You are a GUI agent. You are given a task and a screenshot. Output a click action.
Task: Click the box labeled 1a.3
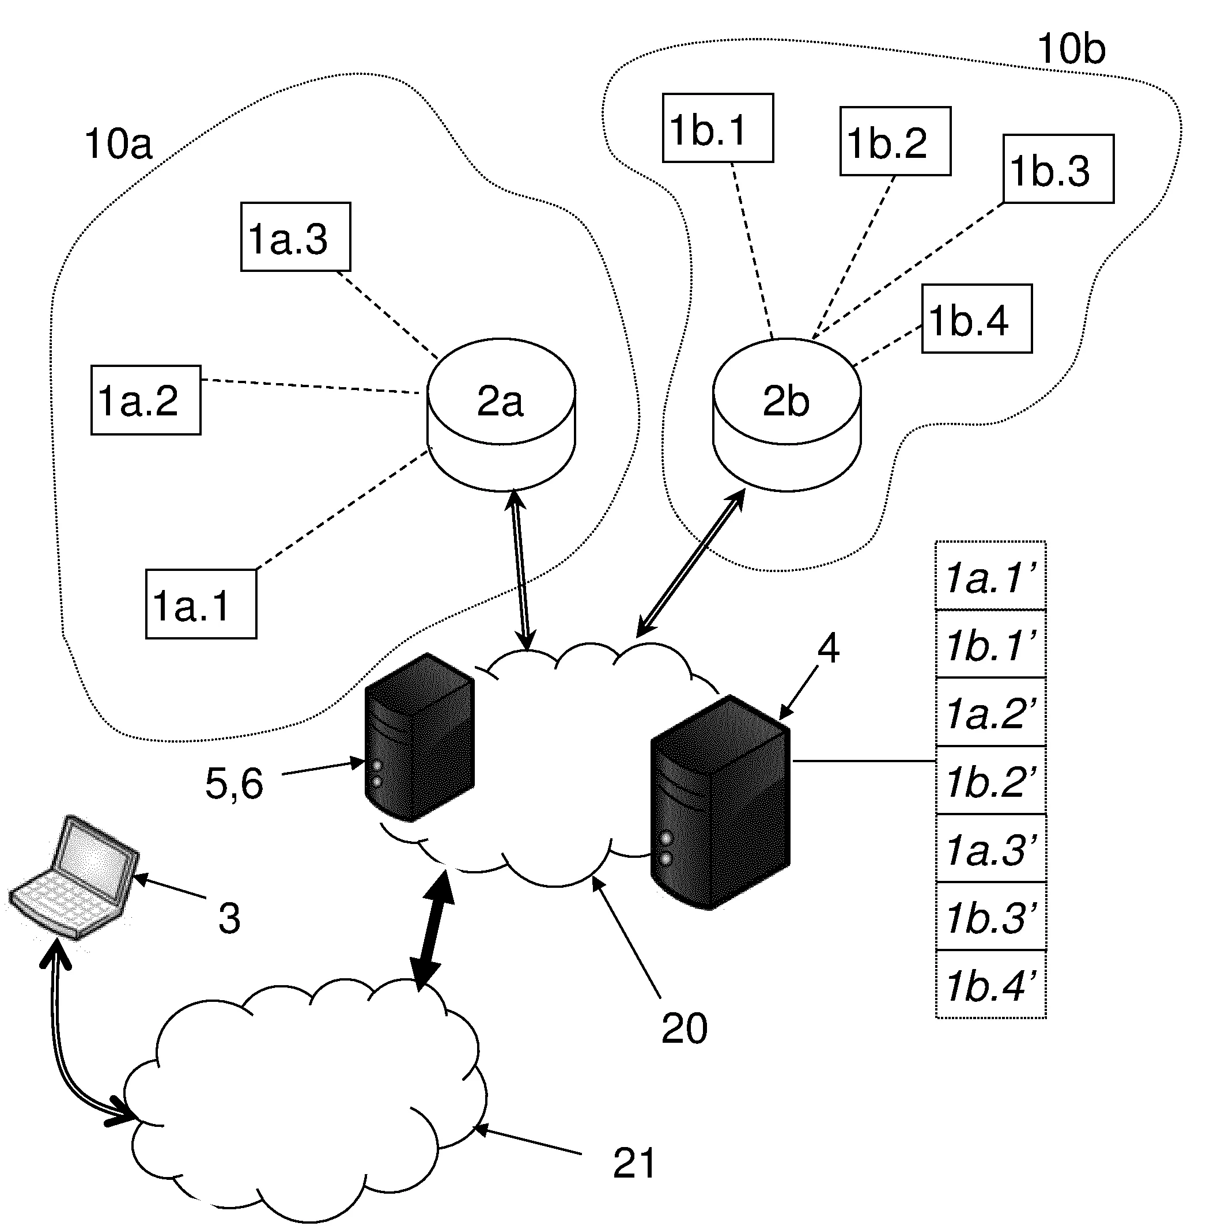point(295,237)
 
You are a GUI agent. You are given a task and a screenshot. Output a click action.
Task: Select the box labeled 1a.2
point(146,400)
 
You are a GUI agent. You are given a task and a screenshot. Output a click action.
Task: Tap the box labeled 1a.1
point(201,604)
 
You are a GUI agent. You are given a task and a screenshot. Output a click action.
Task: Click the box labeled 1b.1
point(717,128)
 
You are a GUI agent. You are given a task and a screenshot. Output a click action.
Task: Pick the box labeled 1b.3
point(1058,169)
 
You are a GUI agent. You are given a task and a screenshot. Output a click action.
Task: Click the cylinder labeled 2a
point(501,413)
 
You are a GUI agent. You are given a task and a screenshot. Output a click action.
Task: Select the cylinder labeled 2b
point(786,413)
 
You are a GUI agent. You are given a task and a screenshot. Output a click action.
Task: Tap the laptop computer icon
point(75,877)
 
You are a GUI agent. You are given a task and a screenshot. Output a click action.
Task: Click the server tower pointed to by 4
point(721,802)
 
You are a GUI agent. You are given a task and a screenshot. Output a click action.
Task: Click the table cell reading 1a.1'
point(990,577)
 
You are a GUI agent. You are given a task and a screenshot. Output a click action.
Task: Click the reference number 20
point(684,1028)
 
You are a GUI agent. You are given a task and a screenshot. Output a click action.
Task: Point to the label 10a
point(118,144)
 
